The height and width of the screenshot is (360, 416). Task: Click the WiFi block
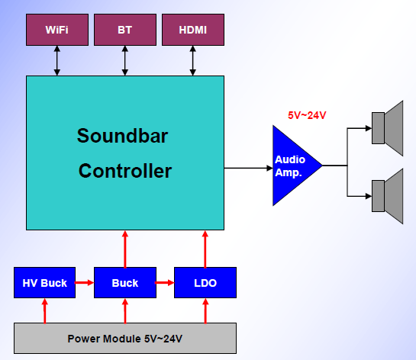click(x=57, y=30)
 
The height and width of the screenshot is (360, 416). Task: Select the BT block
click(x=125, y=30)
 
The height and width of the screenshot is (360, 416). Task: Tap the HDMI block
click(x=193, y=30)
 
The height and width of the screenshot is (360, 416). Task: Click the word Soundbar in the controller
click(x=122, y=136)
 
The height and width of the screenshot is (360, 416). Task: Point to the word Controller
click(x=125, y=171)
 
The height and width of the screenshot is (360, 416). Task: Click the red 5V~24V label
click(x=307, y=115)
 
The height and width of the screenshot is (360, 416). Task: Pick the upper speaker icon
click(x=387, y=128)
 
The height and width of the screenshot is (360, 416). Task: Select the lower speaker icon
click(x=387, y=196)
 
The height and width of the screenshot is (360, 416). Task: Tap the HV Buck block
click(x=44, y=283)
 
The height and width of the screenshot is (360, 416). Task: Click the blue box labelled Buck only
click(x=125, y=283)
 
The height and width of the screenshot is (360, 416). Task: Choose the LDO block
click(x=205, y=283)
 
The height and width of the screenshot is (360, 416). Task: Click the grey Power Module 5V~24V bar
click(x=125, y=338)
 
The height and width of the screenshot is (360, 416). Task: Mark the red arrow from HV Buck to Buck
click(x=85, y=283)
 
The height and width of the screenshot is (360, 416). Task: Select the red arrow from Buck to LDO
click(x=165, y=283)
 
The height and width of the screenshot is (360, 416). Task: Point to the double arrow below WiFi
click(x=57, y=61)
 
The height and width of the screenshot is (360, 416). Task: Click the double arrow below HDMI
click(x=193, y=61)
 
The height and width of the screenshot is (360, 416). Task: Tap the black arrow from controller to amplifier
click(x=248, y=168)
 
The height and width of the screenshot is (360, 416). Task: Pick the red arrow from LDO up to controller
click(x=205, y=249)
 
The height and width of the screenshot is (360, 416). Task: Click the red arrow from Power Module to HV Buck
click(x=45, y=310)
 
